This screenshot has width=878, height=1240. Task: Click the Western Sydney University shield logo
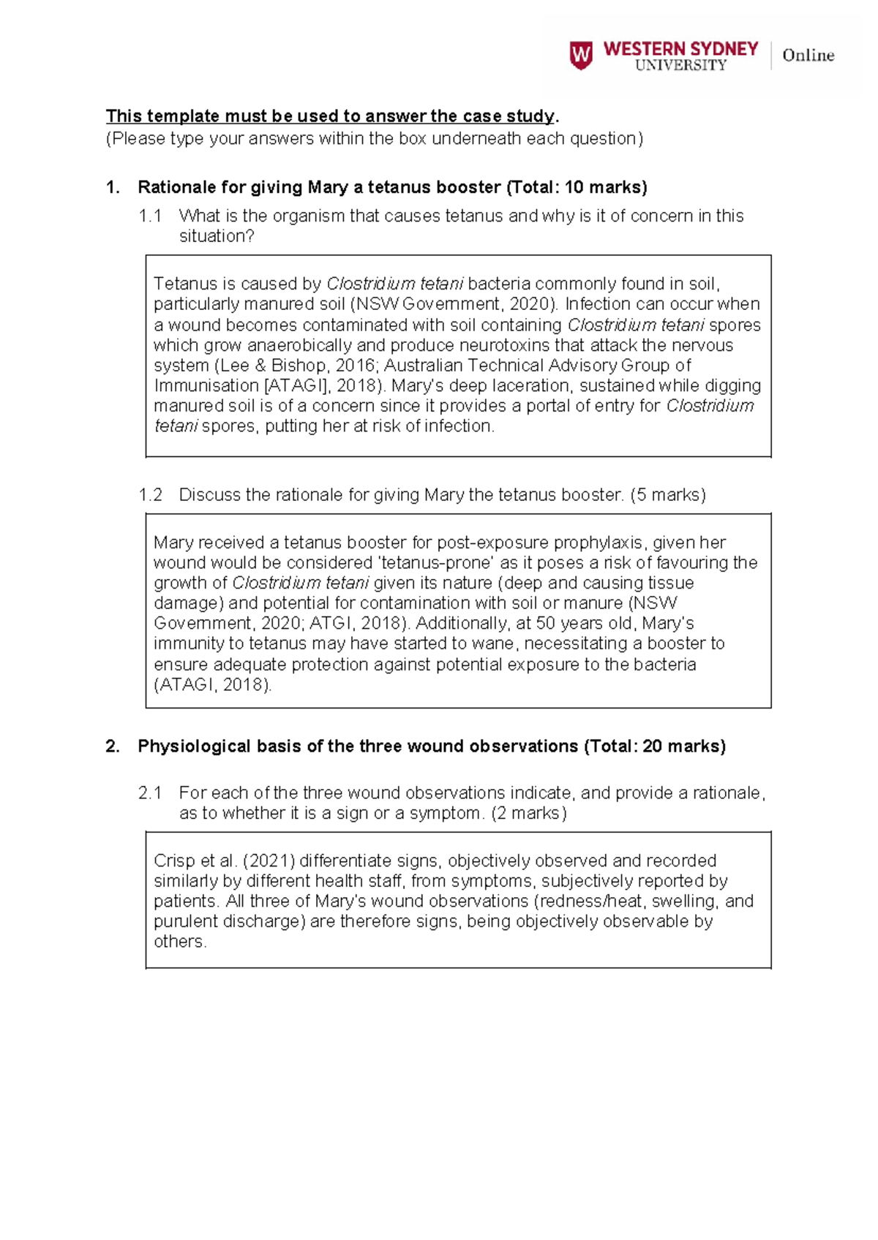click(581, 56)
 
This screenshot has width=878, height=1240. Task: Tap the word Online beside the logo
click(808, 56)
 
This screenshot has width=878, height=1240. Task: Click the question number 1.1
click(150, 216)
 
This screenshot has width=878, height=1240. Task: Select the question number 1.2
click(150, 495)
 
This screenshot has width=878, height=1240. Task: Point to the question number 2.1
click(150, 793)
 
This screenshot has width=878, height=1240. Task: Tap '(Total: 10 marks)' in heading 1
click(577, 188)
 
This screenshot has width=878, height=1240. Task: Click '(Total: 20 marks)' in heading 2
click(655, 746)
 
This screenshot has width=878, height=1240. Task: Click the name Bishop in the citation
click(299, 366)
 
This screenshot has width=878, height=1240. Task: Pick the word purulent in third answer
click(186, 922)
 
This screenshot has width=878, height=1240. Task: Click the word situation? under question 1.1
click(217, 237)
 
